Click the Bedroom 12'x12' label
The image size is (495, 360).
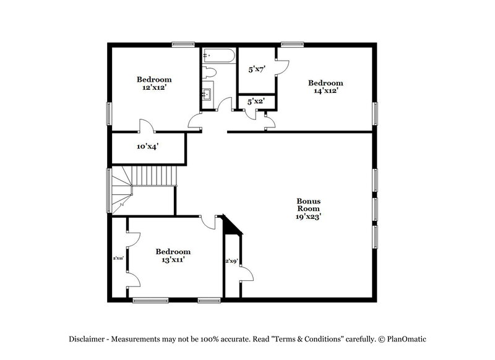tap(154, 84)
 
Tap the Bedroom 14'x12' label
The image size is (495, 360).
tap(325, 87)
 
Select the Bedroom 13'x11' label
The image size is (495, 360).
tap(173, 255)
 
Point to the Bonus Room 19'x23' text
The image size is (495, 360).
tap(308, 209)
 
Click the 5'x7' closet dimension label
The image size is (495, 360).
tap(256, 70)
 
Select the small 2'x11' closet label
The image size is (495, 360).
tap(118, 258)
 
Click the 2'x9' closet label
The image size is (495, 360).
tap(231, 261)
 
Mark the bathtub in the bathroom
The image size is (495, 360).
tap(218, 56)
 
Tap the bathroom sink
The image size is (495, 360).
tap(208, 94)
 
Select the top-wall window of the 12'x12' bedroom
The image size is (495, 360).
tap(183, 44)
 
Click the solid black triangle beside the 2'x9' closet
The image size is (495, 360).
tap(231, 226)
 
